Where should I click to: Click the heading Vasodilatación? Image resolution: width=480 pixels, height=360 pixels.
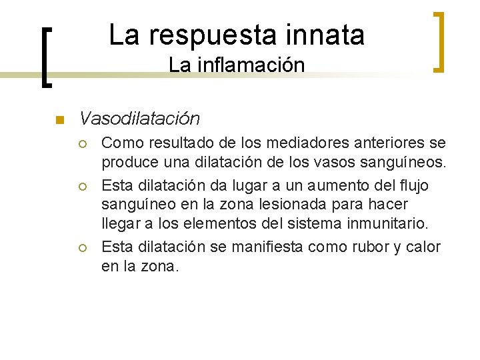point(139,119)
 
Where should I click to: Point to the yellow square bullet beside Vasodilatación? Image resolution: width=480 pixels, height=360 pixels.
point(58,121)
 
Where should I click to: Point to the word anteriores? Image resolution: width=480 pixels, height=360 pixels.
point(371,143)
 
